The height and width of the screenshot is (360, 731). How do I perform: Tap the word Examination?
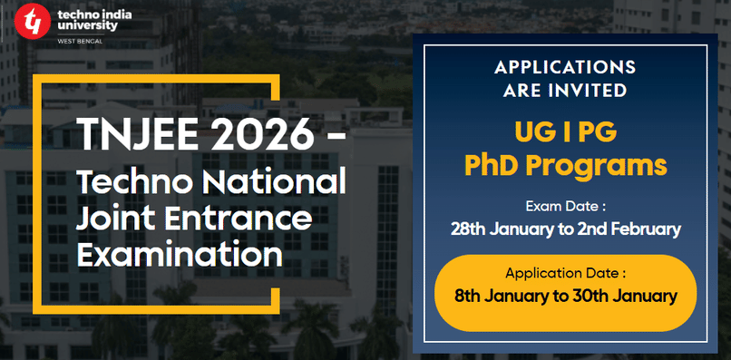pos(179,254)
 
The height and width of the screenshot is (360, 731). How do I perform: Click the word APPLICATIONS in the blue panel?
pos(565,69)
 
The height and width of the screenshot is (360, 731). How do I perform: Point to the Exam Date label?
pos(564,204)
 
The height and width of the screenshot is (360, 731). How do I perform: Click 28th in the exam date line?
pos(469,229)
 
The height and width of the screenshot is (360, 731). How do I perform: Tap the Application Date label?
pos(565,272)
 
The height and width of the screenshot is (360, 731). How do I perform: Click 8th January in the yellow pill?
pos(498,296)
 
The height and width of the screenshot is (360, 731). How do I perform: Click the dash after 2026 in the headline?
pos(333,138)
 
